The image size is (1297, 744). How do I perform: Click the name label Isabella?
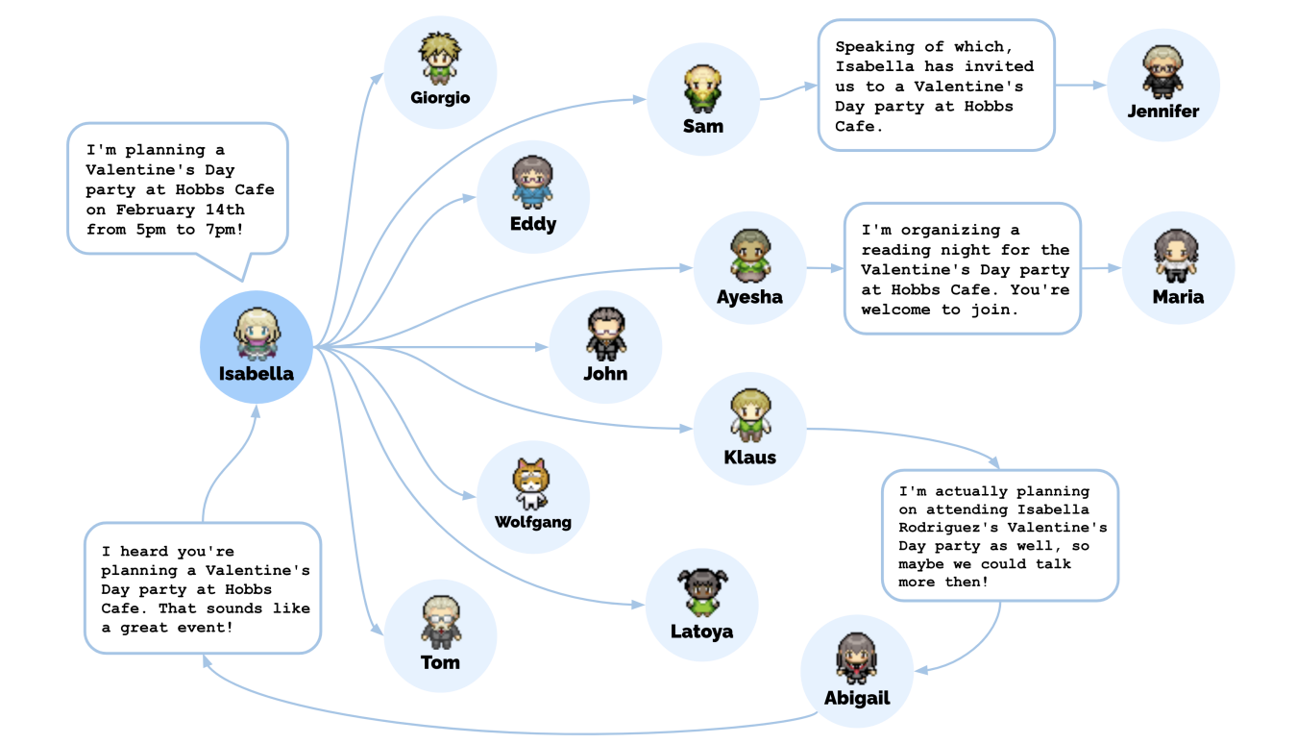[256, 374]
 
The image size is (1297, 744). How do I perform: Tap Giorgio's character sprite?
[440, 58]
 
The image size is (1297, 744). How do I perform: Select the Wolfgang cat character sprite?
[531, 484]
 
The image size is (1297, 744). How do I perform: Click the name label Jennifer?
[1162, 111]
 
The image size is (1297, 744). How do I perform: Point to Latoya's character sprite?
[702, 591]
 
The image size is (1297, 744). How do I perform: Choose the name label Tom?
[440, 662]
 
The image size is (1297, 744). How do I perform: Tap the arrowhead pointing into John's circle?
[542, 347]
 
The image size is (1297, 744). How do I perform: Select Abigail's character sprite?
[856, 658]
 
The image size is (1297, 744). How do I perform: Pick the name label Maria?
[1178, 297]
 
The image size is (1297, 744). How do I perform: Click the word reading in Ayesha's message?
[895, 250]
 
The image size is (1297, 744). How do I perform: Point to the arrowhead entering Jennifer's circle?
[1099, 86]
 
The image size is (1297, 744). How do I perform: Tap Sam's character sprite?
[703, 88]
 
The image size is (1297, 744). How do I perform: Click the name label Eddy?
[532, 224]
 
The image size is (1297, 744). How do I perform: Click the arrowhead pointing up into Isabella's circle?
[256, 411]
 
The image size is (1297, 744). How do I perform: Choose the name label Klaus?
[749, 458]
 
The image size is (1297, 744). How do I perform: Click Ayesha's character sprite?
[749, 256]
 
